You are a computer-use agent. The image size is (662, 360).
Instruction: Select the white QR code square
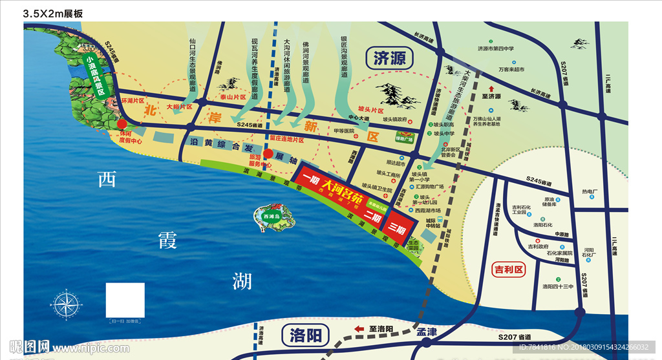(x=125, y=300)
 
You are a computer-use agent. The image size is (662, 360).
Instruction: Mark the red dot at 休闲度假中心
(x=122, y=123)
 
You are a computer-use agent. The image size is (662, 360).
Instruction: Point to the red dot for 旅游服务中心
(x=268, y=154)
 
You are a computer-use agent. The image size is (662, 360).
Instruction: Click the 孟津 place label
(x=427, y=332)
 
